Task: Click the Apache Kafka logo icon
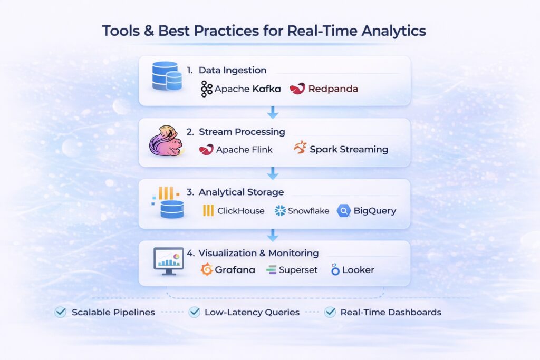206,89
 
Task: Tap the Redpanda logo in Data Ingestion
297,89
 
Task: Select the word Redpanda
333,89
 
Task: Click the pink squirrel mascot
166,141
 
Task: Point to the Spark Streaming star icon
300,147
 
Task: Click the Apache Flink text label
244,150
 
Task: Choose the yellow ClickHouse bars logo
208,210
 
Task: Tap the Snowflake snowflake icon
280,211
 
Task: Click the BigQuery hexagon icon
344,211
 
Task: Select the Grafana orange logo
207,269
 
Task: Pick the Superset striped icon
272,270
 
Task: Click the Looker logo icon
335,269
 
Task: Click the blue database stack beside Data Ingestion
167,76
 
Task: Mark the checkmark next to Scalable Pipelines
61,312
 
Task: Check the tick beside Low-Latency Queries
195,312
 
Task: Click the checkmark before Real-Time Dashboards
330,312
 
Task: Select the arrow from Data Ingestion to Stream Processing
273,112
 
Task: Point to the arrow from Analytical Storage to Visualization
273,235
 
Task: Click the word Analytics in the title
393,31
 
